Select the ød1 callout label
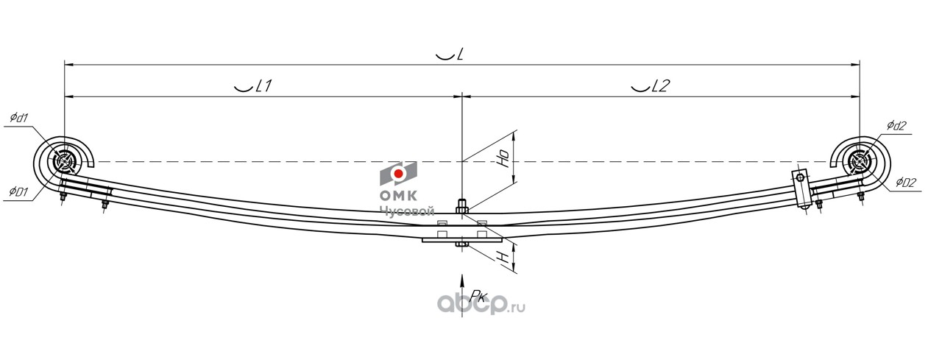coord(19,118)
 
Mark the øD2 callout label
coord(905,183)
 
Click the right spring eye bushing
coord(859,161)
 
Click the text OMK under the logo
coord(398,196)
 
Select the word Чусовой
coord(407,211)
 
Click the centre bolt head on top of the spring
coord(462,207)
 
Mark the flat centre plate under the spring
coord(462,239)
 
